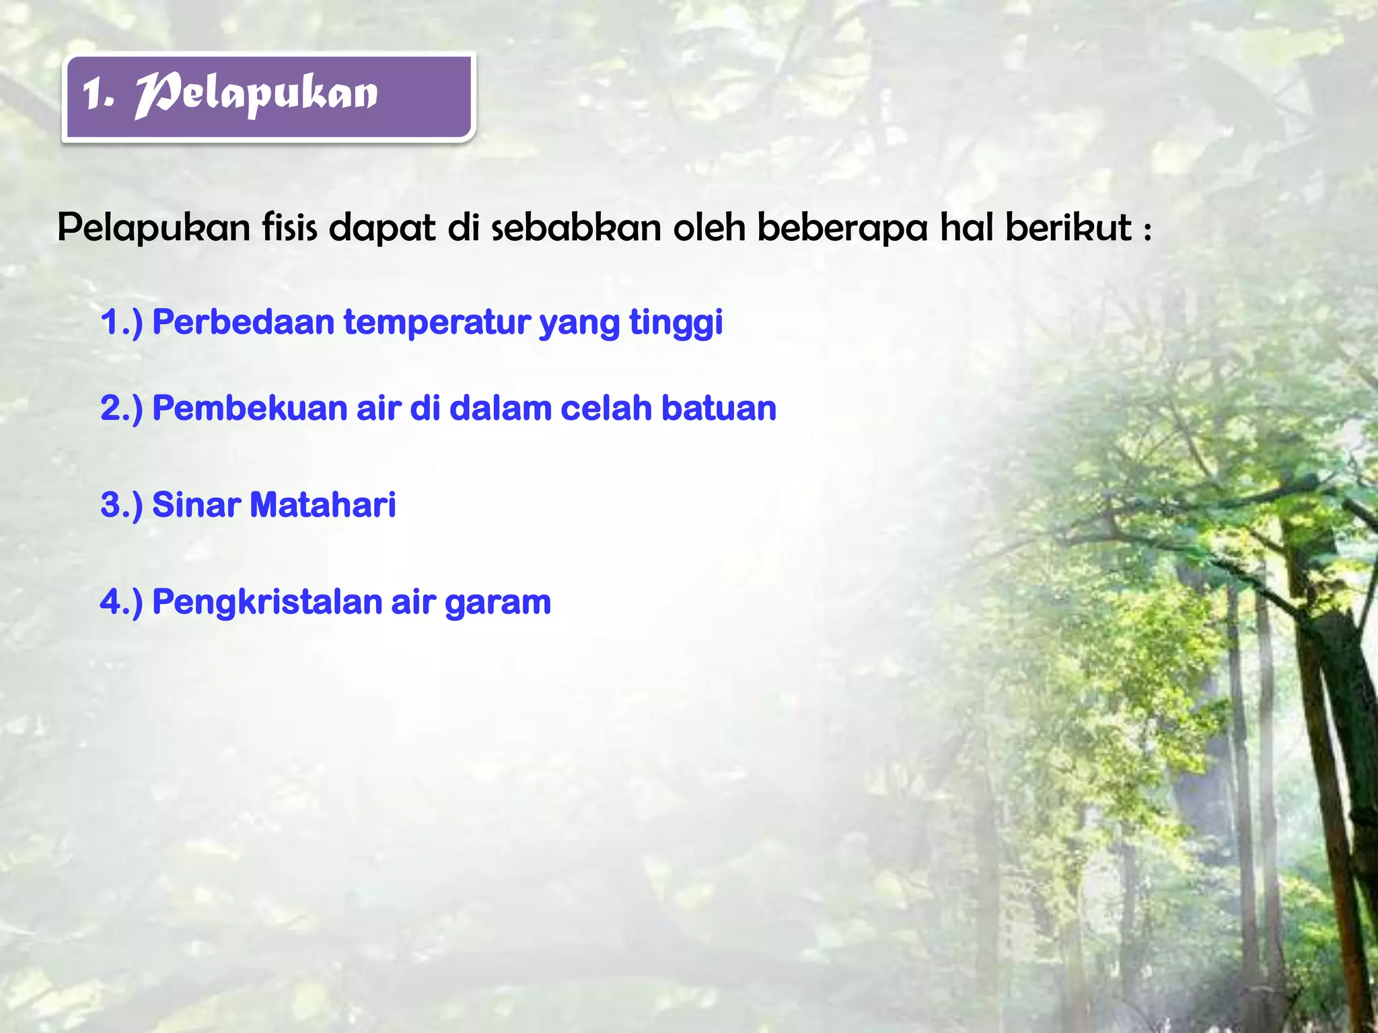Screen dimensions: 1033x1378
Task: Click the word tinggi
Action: [x=676, y=323]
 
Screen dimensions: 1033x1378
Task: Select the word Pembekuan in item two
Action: [x=250, y=408]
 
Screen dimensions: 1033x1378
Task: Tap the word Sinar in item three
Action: [x=196, y=504]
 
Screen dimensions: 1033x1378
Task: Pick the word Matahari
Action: [x=323, y=504]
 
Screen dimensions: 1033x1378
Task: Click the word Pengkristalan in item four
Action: [x=267, y=602]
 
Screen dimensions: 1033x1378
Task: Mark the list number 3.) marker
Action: [x=122, y=504]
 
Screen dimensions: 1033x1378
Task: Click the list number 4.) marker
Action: [x=122, y=602]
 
